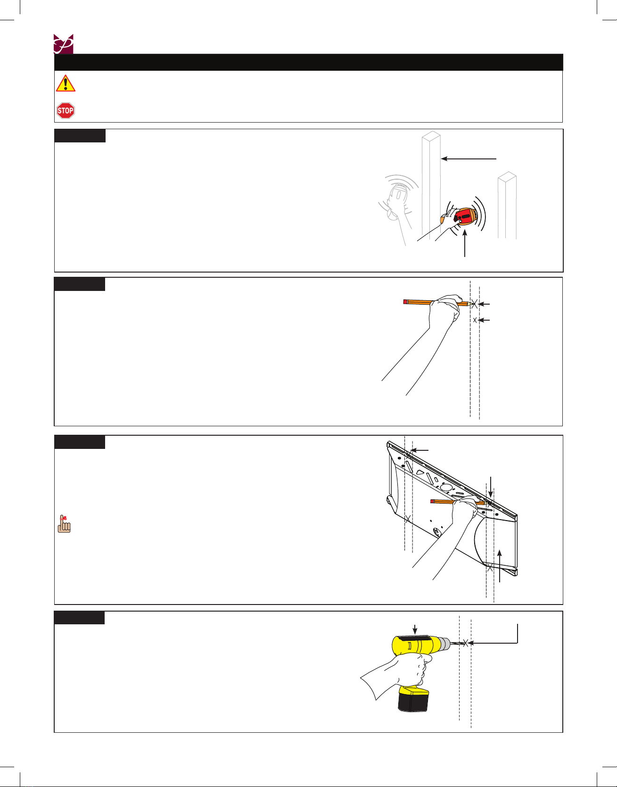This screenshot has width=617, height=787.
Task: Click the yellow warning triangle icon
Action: [x=66, y=83]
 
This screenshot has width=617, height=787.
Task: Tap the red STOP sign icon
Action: [x=66, y=111]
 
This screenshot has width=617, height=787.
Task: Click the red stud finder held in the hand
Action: [x=463, y=217]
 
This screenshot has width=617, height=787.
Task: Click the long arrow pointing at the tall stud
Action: [x=469, y=159]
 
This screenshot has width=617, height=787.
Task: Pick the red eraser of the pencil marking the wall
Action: [x=405, y=301]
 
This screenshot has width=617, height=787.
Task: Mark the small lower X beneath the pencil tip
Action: [x=475, y=320]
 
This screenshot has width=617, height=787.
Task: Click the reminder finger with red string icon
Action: [x=64, y=524]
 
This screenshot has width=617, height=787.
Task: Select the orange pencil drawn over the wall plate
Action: [x=457, y=502]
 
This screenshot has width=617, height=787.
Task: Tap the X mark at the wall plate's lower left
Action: [x=408, y=519]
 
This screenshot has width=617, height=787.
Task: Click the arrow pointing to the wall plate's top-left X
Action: [x=420, y=451]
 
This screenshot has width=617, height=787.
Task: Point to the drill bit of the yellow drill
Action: [x=457, y=643]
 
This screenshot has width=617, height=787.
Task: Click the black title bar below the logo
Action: [x=309, y=62]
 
